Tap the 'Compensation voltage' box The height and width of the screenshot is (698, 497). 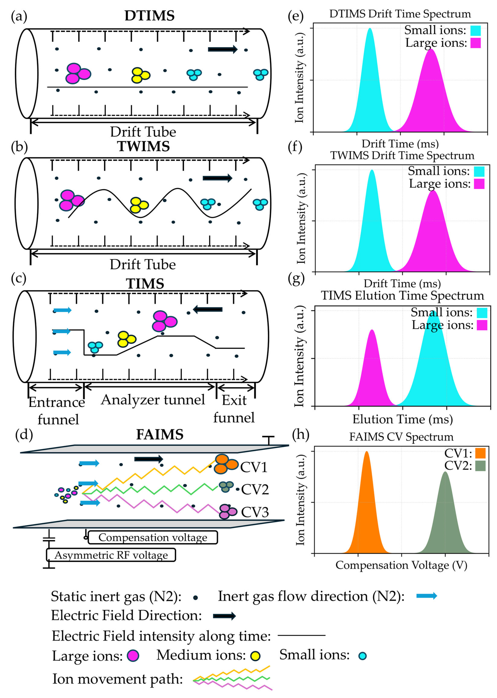[153, 537]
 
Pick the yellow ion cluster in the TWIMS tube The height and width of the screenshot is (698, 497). [139, 205]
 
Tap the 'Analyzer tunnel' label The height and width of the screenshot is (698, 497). [153, 399]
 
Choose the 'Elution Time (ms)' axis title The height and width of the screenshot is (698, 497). [402, 419]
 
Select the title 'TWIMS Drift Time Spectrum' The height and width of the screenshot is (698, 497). [402, 156]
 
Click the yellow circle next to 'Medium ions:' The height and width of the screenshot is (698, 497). [255, 656]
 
